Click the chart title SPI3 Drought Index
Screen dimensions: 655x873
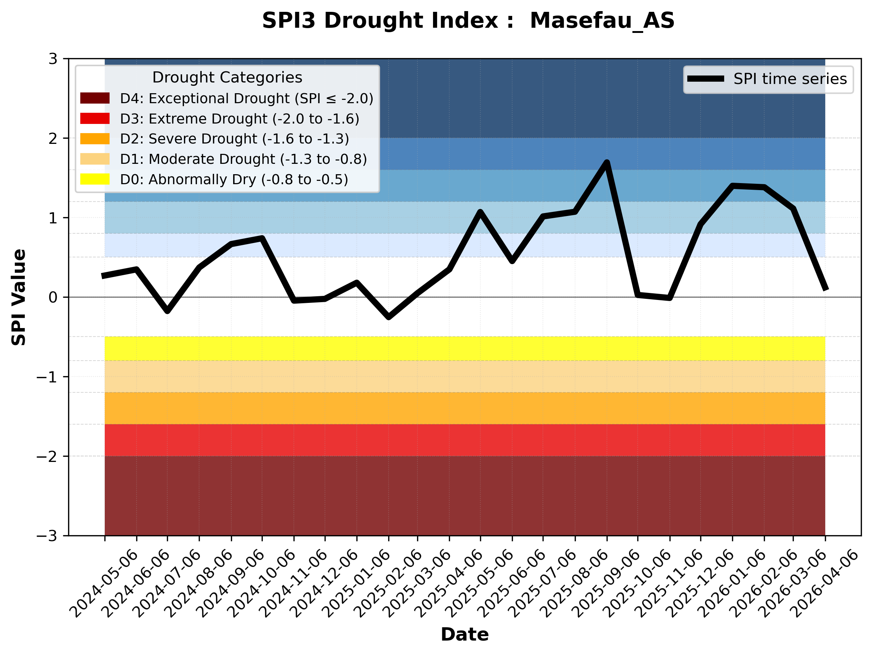[x=468, y=20]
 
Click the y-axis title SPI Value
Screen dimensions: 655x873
[x=19, y=297]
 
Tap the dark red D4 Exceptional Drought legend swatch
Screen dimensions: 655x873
[x=95, y=98]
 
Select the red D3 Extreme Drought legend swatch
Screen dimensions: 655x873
[x=95, y=118]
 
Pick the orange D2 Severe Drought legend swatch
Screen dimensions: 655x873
[x=95, y=139]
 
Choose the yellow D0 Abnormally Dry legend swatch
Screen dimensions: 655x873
[x=95, y=179]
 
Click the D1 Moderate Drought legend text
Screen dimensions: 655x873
[x=243, y=159]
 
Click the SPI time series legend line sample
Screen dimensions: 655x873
[x=705, y=78]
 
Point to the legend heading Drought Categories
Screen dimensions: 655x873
[x=227, y=77]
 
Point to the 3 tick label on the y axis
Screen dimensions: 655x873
[x=53, y=59]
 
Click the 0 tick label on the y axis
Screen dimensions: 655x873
[x=53, y=297]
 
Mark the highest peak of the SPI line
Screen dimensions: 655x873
[x=607, y=162]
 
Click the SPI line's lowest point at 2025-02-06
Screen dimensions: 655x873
[x=389, y=317]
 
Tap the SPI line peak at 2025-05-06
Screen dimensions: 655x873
[x=480, y=212]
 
